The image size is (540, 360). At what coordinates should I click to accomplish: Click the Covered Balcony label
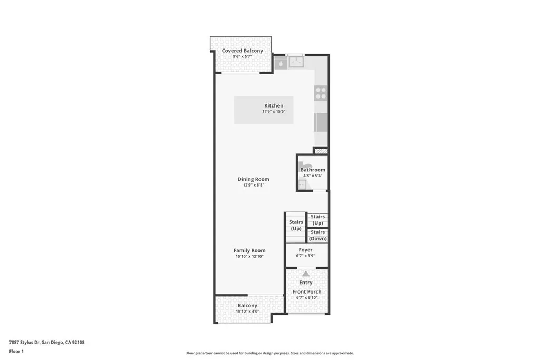click(x=242, y=51)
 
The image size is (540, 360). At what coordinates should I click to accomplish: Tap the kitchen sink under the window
click(x=296, y=62)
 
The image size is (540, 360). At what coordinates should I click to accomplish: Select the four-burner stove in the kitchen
click(x=321, y=93)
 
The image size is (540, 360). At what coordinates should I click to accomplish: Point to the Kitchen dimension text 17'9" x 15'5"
click(x=274, y=112)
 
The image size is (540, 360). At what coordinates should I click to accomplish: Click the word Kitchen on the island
click(x=274, y=105)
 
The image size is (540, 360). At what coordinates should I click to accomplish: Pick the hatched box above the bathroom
click(x=321, y=151)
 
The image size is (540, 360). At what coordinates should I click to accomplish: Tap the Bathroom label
click(x=313, y=170)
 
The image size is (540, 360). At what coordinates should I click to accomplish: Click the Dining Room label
click(x=253, y=179)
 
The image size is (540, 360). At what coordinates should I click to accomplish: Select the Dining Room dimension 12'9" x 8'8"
click(x=253, y=185)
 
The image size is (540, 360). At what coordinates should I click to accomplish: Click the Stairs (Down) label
click(x=317, y=236)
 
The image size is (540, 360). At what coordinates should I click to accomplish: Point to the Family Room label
click(x=249, y=250)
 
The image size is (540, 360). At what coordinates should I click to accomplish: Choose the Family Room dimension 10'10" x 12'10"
click(x=249, y=257)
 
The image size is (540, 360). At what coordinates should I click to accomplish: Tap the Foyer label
click(x=305, y=250)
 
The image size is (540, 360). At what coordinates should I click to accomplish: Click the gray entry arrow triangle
click(x=306, y=274)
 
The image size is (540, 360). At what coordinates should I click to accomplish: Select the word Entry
click(x=306, y=283)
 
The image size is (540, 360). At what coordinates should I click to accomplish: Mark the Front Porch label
click(x=307, y=291)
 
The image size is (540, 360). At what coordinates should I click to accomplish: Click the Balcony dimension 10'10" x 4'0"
click(x=247, y=312)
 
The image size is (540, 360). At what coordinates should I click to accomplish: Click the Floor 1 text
click(x=16, y=351)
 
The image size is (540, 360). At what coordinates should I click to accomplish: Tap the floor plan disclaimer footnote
click(x=269, y=353)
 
